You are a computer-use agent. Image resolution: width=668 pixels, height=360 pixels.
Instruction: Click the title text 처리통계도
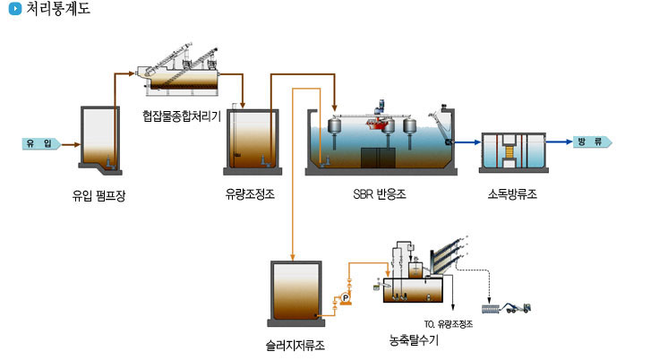pos(57,10)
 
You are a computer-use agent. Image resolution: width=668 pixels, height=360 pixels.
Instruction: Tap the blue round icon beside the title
pos(14,10)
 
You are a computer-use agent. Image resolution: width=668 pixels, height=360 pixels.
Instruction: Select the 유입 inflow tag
pos(39,143)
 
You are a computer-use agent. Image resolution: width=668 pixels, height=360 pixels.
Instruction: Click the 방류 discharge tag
pos(591,142)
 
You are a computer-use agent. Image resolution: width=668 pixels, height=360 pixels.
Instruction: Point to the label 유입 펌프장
pos(99,195)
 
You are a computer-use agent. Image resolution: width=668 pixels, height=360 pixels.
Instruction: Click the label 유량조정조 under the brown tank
pos(251,193)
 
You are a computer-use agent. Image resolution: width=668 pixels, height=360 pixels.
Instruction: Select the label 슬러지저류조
pos(295,344)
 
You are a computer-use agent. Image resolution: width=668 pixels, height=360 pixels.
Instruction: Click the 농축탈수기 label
pos(413,340)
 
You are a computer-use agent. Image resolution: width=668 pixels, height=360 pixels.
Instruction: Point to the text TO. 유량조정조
pos(447,324)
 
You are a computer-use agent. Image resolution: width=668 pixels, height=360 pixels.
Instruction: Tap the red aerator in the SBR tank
pos(382,125)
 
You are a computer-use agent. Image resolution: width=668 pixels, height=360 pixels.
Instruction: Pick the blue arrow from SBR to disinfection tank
pos(466,141)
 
